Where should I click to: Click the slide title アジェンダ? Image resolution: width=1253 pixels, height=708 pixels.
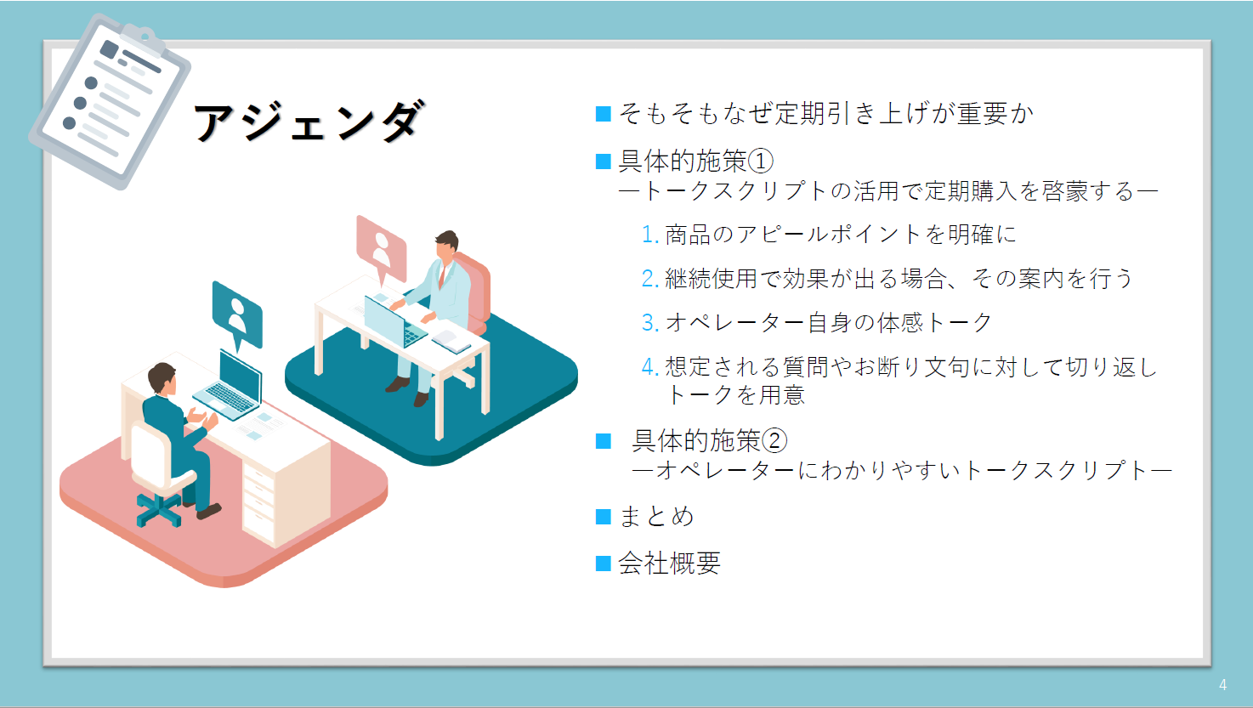(309, 122)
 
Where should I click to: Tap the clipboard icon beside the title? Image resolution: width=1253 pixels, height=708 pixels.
(110, 101)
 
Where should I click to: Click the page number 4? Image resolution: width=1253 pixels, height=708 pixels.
(1222, 685)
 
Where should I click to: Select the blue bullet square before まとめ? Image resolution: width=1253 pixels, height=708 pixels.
(603, 517)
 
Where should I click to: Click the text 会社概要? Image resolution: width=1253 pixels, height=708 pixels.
(669, 564)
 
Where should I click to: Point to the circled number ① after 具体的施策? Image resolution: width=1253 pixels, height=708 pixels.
(761, 161)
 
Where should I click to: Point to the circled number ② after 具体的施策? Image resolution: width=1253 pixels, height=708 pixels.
(774, 440)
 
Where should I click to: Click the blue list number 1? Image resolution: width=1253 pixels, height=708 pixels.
(650, 235)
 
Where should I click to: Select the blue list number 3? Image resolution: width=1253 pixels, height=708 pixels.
(650, 323)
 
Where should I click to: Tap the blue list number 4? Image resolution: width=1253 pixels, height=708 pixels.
(650, 367)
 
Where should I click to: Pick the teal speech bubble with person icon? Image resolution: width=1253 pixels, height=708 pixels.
(237, 315)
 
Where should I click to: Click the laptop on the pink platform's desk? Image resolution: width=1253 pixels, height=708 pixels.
(230, 387)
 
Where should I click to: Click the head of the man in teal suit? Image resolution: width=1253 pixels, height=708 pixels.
(162, 378)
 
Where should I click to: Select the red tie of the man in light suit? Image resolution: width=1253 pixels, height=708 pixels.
(442, 275)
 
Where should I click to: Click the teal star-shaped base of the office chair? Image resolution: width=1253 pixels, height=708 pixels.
(160, 511)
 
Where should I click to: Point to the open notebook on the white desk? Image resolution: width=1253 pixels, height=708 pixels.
(451, 341)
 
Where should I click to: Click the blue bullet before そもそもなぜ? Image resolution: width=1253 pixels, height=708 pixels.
(603, 114)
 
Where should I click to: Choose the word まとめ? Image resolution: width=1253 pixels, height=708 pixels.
(657, 516)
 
